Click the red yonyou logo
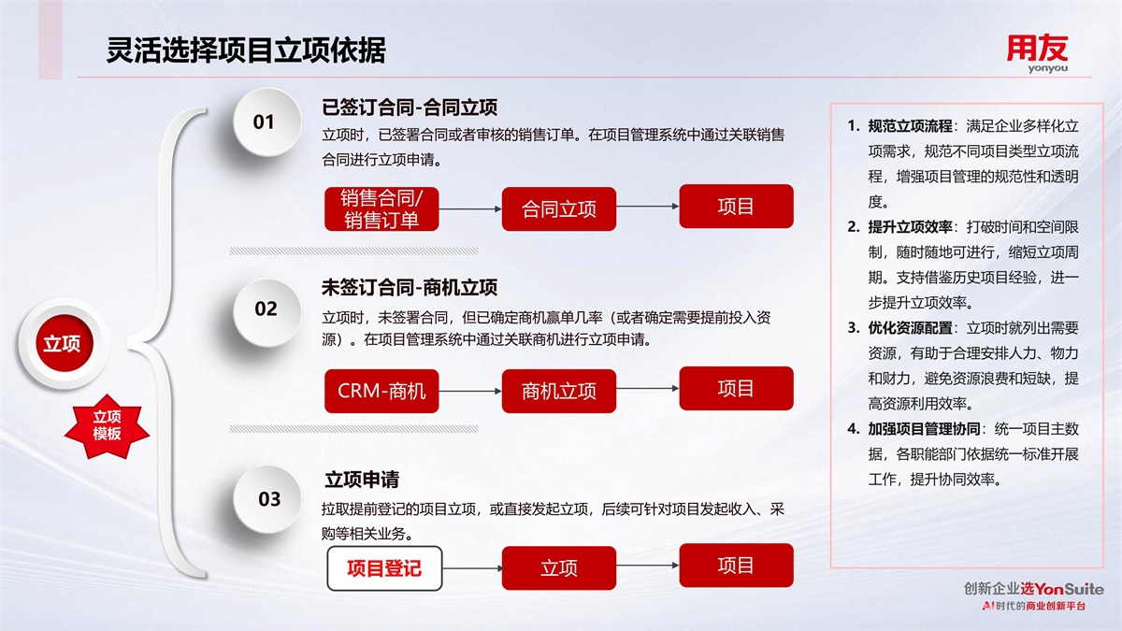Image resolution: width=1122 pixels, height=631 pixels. tap(1037, 53)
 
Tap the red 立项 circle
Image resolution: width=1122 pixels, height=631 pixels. tap(62, 343)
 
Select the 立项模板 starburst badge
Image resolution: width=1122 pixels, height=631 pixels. tap(107, 425)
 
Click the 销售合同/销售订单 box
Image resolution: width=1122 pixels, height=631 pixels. tap(381, 208)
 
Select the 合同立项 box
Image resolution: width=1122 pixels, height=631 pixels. tap(559, 208)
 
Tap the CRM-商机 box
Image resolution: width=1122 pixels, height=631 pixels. tap(381, 391)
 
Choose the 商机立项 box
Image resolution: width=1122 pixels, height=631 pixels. tap(559, 391)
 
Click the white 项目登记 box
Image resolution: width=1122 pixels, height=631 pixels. tap(384, 568)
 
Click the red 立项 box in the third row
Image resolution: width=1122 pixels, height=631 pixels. tap(559, 568)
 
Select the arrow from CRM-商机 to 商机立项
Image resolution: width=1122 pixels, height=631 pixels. tap(470, 391)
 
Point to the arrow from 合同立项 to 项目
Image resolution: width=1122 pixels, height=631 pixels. tap(648, 206)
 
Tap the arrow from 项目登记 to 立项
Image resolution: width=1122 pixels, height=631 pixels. tap(472, 568)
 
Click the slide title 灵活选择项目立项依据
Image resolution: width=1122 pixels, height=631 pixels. tap(246, 50)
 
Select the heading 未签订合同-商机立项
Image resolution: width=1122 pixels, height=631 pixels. tap(410, 288)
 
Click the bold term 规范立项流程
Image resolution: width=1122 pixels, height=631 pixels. tap(910, 125)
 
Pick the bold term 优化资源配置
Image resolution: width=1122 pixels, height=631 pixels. tap(910, 328)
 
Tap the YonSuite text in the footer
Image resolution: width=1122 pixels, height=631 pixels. tap(1069, 588)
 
